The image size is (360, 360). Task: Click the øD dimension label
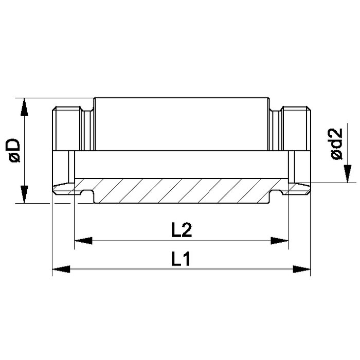[x=15, y=150]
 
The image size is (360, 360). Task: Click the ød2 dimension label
[x=337, y=143]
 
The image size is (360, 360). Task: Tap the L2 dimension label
[x=182, y=230]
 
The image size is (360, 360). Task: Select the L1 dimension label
[x=181, y=259]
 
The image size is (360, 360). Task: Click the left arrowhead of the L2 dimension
[x=83, y=241]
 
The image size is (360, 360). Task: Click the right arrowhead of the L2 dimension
[x=279, y=241]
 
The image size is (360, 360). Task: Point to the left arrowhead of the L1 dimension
[x=61, y=269]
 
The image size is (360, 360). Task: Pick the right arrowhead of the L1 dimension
[x=302, y=269]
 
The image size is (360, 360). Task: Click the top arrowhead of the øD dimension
[x=24, y=107]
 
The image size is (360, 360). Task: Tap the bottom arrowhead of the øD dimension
[x=24, y=194]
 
